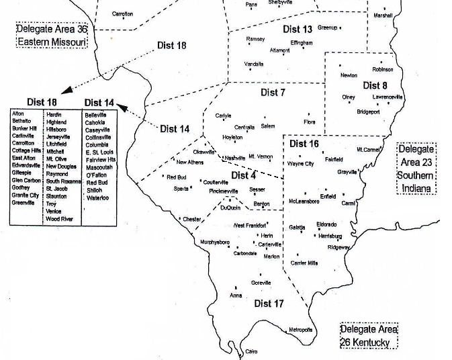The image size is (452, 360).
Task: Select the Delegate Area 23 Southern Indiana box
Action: (417, 168)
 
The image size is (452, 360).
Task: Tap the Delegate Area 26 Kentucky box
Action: (369, 336)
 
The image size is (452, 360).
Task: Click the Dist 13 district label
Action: (298, 29)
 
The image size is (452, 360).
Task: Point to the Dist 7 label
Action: (273, 92)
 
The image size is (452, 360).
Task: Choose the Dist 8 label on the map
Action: (375, 85)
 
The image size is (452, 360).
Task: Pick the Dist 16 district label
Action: (304, 144)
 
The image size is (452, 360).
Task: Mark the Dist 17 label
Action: (269, 304)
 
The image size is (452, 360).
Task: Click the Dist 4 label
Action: (243, 175)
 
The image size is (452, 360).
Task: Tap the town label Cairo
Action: (251, 351)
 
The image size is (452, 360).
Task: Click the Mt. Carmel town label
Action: (369, 149)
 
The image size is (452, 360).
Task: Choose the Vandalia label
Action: (253, 64)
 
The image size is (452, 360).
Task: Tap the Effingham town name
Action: (302, 43)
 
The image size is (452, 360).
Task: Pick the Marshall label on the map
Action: (383, 15)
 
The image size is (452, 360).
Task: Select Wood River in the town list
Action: (58, 219)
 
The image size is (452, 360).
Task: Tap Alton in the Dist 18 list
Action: (18, 114)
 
